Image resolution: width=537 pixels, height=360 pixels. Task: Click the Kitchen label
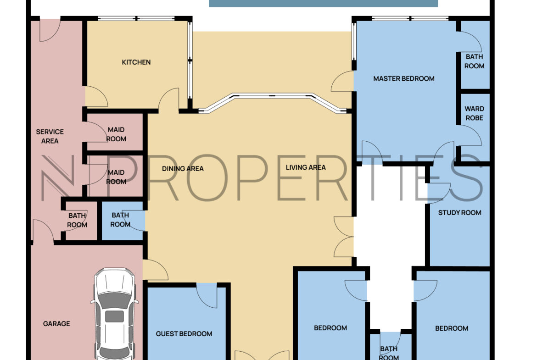coord(136,62)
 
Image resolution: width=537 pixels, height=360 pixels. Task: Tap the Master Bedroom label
coord(404,79)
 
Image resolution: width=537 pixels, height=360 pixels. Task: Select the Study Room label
coord(459,213)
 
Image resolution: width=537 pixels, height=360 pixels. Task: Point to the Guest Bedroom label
coord(184,334)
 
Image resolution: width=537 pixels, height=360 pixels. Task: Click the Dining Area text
coord(183,169)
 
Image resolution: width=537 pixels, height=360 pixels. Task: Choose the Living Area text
coord(306,167)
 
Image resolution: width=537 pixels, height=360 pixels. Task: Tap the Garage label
coord(56,324)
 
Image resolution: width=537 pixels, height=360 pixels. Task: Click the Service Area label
coord(50,136)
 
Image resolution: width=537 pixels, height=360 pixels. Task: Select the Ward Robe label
coord(474,113)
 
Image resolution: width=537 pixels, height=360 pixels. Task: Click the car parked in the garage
coord(115,314)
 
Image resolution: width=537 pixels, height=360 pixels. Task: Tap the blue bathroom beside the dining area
coord(123,221)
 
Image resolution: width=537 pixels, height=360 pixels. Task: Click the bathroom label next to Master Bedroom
coord(474,61)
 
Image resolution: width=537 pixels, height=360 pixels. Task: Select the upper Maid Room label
coord(116,134)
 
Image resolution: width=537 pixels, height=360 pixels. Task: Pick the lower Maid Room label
coord(116,177)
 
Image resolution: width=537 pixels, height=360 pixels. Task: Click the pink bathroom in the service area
coord(81,221)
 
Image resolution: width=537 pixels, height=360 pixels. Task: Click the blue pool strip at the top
coord(323,3)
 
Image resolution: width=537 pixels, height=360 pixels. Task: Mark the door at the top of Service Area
coord(50,30)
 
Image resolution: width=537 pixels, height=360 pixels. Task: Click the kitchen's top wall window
coord(137,18)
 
